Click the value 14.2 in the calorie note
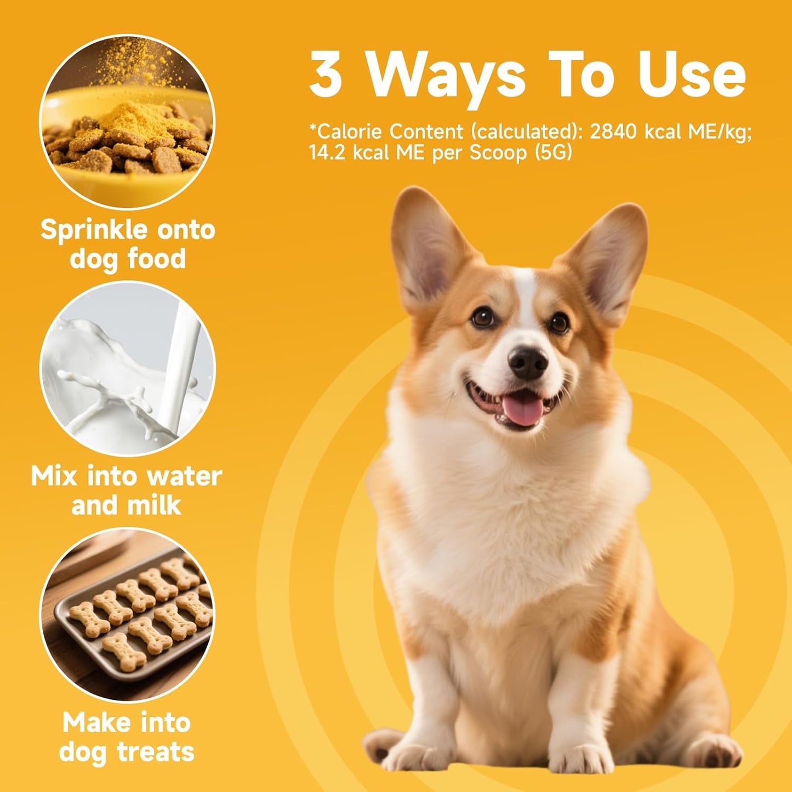coord(328,152)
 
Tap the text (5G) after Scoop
coord(554,152)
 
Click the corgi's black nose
coord(528,362)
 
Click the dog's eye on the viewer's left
coord(482,317)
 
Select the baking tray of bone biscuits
coord(132,619)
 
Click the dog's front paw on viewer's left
coord(417,756)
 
